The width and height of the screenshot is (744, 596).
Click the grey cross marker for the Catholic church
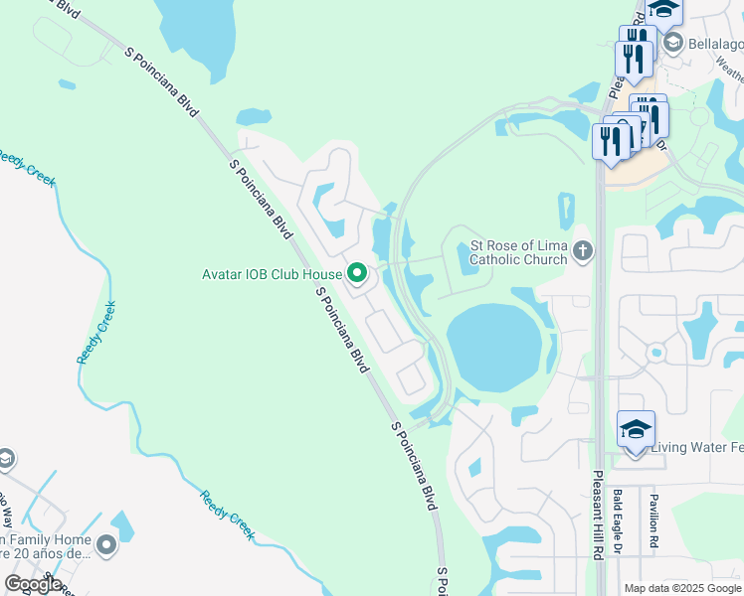(583, 251)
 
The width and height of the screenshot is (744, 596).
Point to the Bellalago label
(715, 42)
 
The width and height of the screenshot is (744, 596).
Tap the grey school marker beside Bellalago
(674, 42)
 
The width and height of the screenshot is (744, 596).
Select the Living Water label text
(696, 448)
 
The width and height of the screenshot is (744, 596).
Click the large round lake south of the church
(494, 348)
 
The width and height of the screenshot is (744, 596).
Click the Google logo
(33, 584)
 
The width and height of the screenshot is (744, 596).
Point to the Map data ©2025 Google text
(681, 588)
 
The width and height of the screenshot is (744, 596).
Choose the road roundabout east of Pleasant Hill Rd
(654, 353)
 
